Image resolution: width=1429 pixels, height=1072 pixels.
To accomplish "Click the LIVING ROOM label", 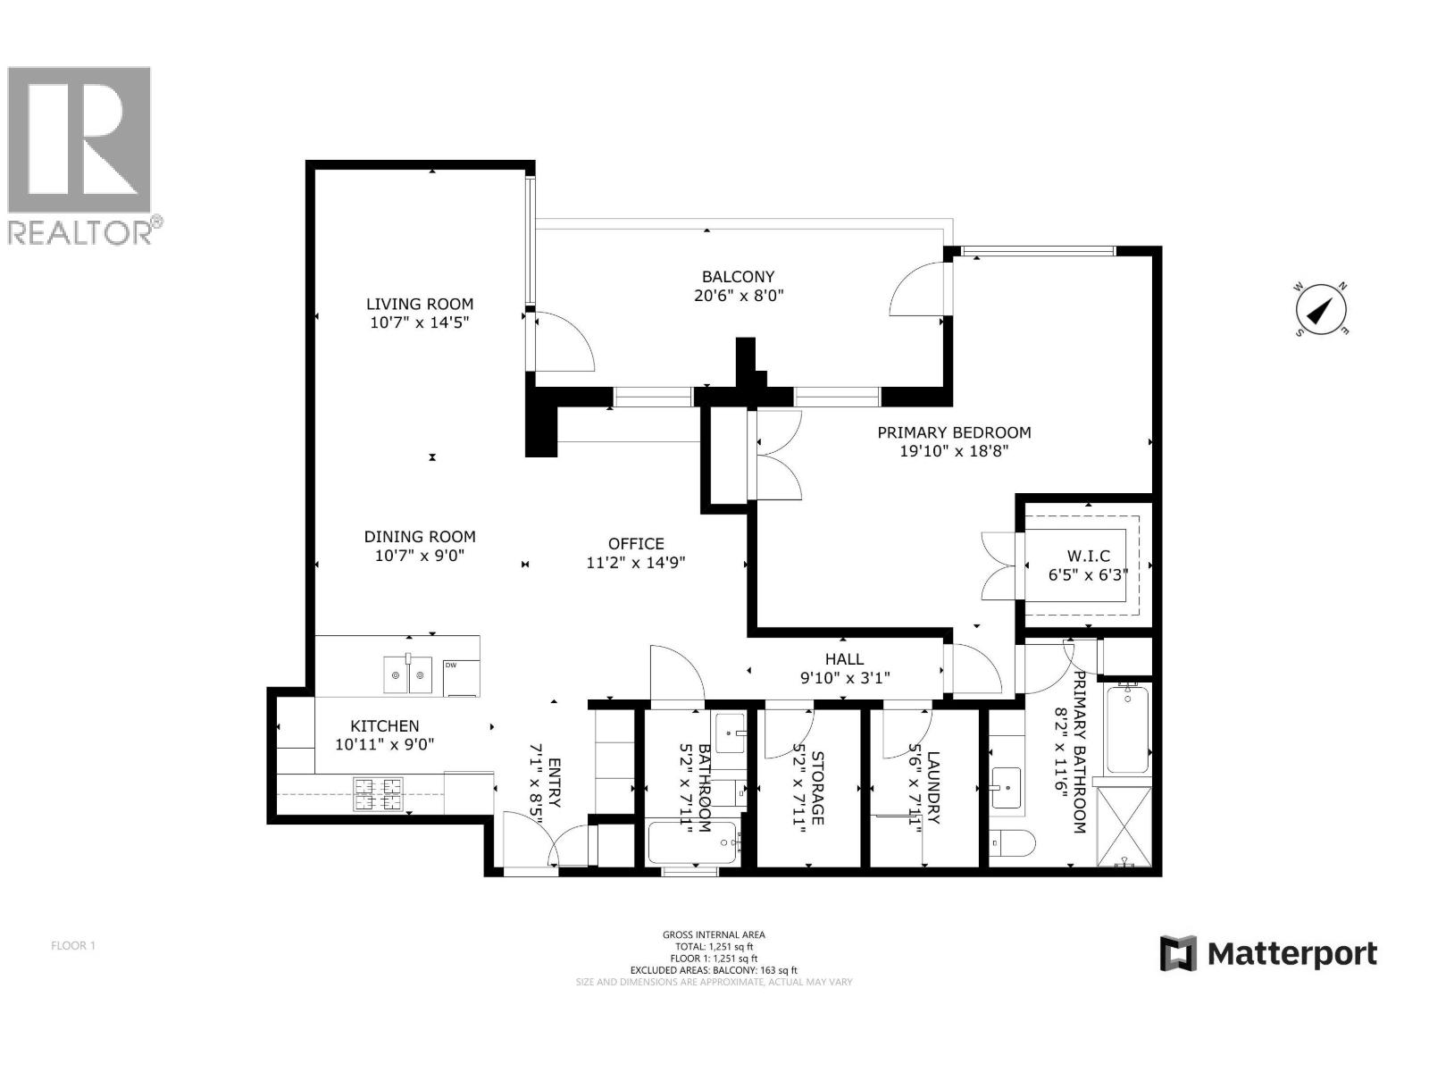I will (x=420, y=304).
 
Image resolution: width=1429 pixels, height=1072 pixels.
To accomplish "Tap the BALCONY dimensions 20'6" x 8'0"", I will (x=738, y=296).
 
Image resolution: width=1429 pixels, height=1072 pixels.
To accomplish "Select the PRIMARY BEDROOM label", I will (x=954, y=432).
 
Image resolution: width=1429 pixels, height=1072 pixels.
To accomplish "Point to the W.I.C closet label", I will (x=1088, y=556).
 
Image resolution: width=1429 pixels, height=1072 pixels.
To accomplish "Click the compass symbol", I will (x=1321, y=311).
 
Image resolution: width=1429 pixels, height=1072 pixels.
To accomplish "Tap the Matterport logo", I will (x=1268, y=953).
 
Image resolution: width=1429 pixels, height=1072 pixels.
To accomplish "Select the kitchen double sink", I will (x=408, y=674).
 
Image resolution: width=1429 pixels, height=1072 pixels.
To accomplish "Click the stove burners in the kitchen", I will (x=379, y=793).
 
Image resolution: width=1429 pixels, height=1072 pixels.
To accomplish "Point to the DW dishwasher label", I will (x=450, y=665).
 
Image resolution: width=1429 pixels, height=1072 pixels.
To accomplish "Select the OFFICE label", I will (x=636, y=543).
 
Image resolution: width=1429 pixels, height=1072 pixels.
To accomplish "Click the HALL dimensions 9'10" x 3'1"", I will (x=844, y=678).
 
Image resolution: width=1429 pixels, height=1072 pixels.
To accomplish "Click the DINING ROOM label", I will (x=420, y=536).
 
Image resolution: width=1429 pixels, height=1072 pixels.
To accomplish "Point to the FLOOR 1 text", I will (x=72, y=945).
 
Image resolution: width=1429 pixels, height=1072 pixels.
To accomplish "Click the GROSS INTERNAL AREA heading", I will (x=714, y=934).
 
